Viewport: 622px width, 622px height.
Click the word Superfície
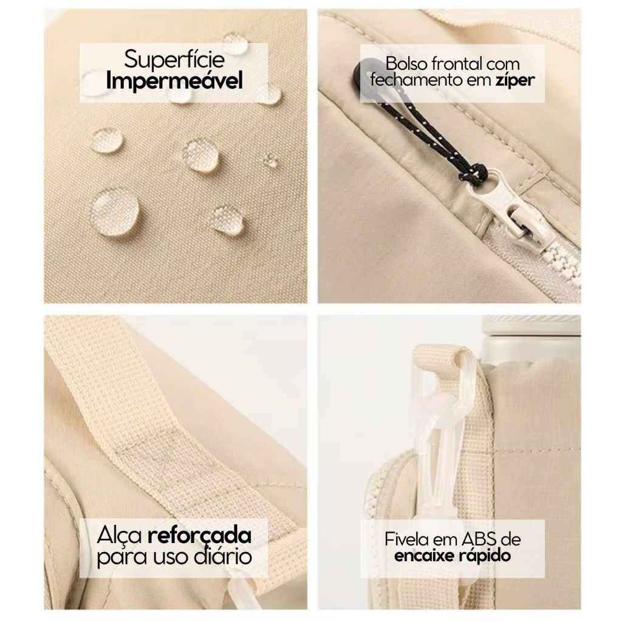pos(174,60)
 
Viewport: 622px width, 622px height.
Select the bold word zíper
pos(515,81)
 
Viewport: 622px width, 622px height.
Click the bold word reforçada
pos(199,536)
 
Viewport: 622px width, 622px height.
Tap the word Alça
pos(120,536)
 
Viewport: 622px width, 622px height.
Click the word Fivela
pos(407,539)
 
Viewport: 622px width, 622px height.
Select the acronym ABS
pos(479,539)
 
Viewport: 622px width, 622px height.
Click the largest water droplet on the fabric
pos(115,212)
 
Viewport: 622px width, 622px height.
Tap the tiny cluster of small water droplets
pos(270,161)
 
